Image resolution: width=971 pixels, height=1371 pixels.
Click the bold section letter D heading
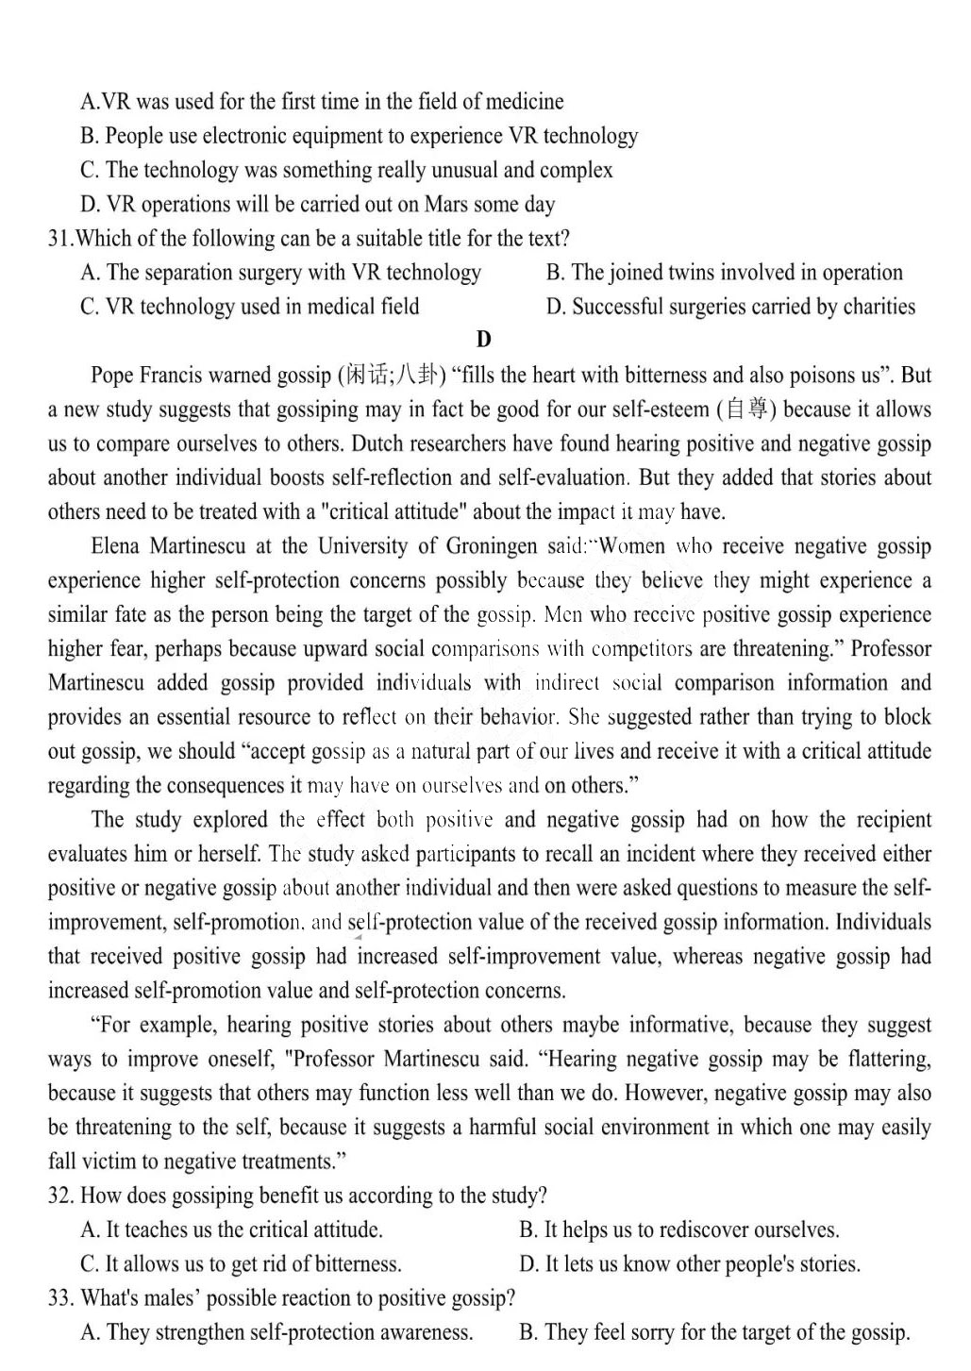click(484, 340)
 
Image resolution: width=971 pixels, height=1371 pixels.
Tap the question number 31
click(59, 239)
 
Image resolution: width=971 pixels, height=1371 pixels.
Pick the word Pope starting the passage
click(112, 376)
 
